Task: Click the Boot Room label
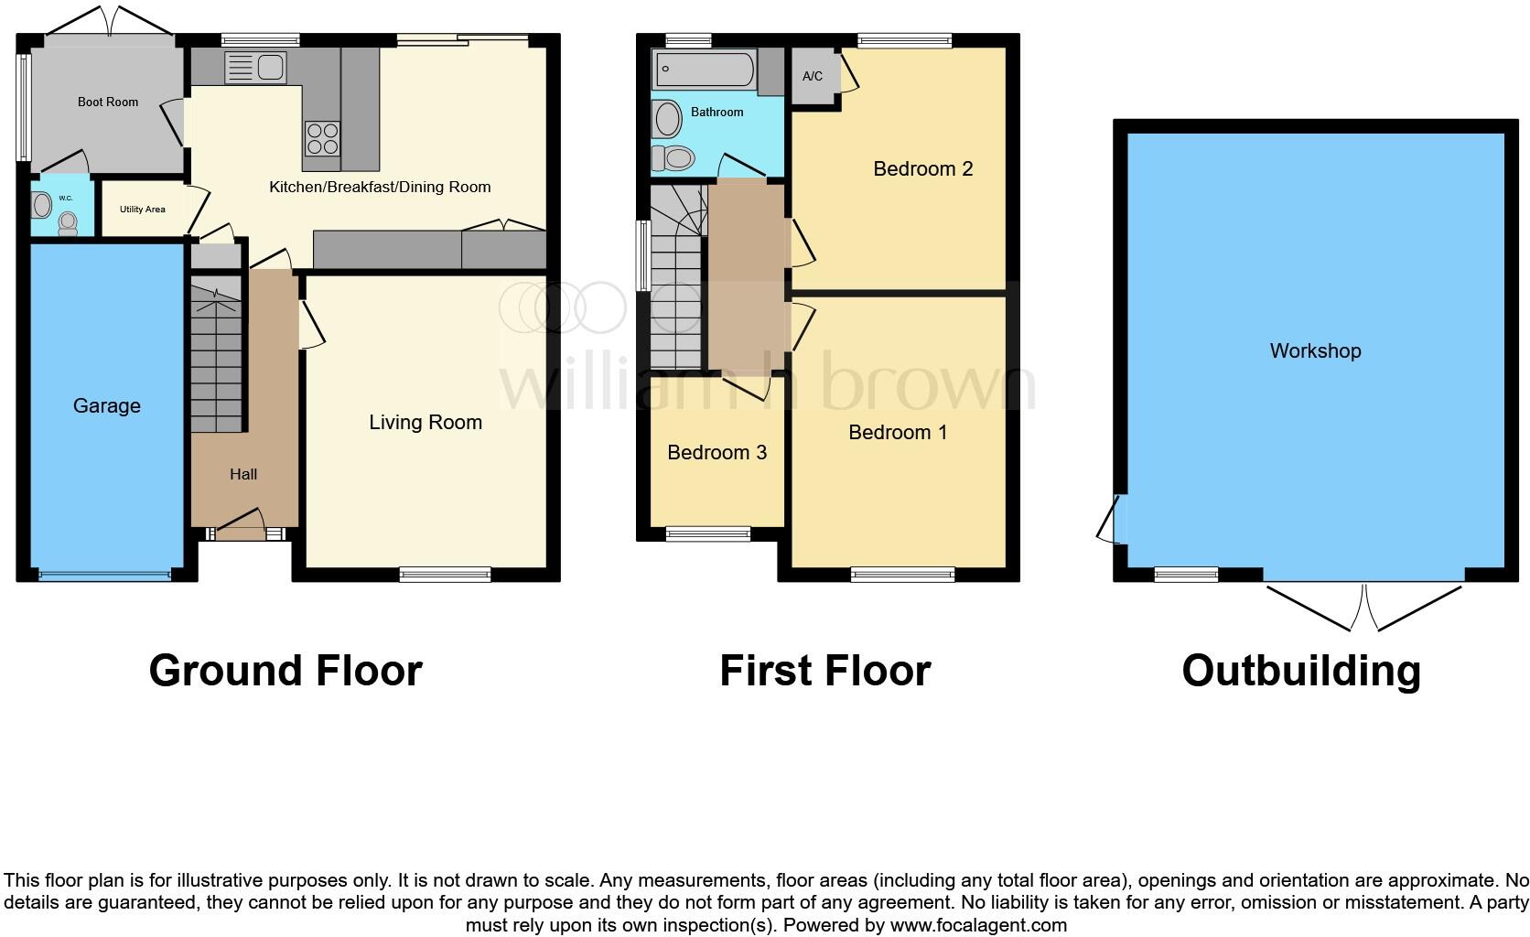108,102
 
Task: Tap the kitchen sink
257,67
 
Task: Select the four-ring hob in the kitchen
322,138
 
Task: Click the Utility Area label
142,210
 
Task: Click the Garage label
107,405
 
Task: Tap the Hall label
243,474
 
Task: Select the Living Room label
426,422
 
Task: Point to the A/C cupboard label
813,77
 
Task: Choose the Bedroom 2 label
922,168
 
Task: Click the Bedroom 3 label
717,452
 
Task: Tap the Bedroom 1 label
898,432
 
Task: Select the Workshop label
1315,350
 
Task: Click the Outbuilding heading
1300,671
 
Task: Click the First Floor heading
824,671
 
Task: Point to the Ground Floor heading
286,671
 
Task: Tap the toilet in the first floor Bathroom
675,158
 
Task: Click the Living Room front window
446,574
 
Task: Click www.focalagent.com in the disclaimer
978,925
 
